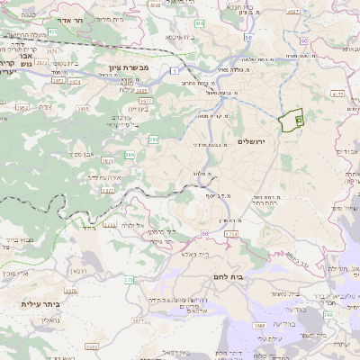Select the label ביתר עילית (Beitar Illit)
(40, 304)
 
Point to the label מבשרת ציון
(127, 68)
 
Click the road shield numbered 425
(52, 32)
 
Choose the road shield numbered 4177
(337, 92)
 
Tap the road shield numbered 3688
(259, 326)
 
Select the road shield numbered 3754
(231, 234)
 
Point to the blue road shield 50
(205, 232)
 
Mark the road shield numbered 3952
(22, 107)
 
